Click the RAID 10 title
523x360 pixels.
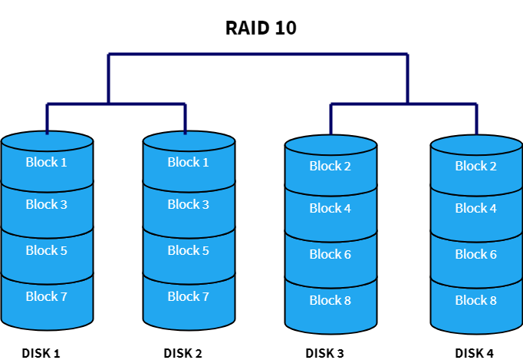261,28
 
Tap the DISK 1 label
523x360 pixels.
41,353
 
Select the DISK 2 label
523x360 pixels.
183,353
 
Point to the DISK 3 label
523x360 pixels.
324,353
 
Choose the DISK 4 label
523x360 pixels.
474,353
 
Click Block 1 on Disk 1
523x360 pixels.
47,162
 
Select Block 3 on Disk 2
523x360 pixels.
189,204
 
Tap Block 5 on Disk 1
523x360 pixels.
47,250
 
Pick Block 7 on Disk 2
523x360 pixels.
189,296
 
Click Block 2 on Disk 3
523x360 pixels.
331,166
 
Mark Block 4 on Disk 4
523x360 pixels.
476,208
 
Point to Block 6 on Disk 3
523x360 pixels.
331,254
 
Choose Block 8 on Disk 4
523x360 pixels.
476,300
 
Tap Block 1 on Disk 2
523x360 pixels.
189,162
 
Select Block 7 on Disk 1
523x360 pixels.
47,296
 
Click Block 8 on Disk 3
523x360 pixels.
331,300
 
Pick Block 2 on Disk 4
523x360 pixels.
476,166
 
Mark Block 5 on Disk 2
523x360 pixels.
189,250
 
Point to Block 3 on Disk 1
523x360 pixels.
47,204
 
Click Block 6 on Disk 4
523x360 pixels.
476,254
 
